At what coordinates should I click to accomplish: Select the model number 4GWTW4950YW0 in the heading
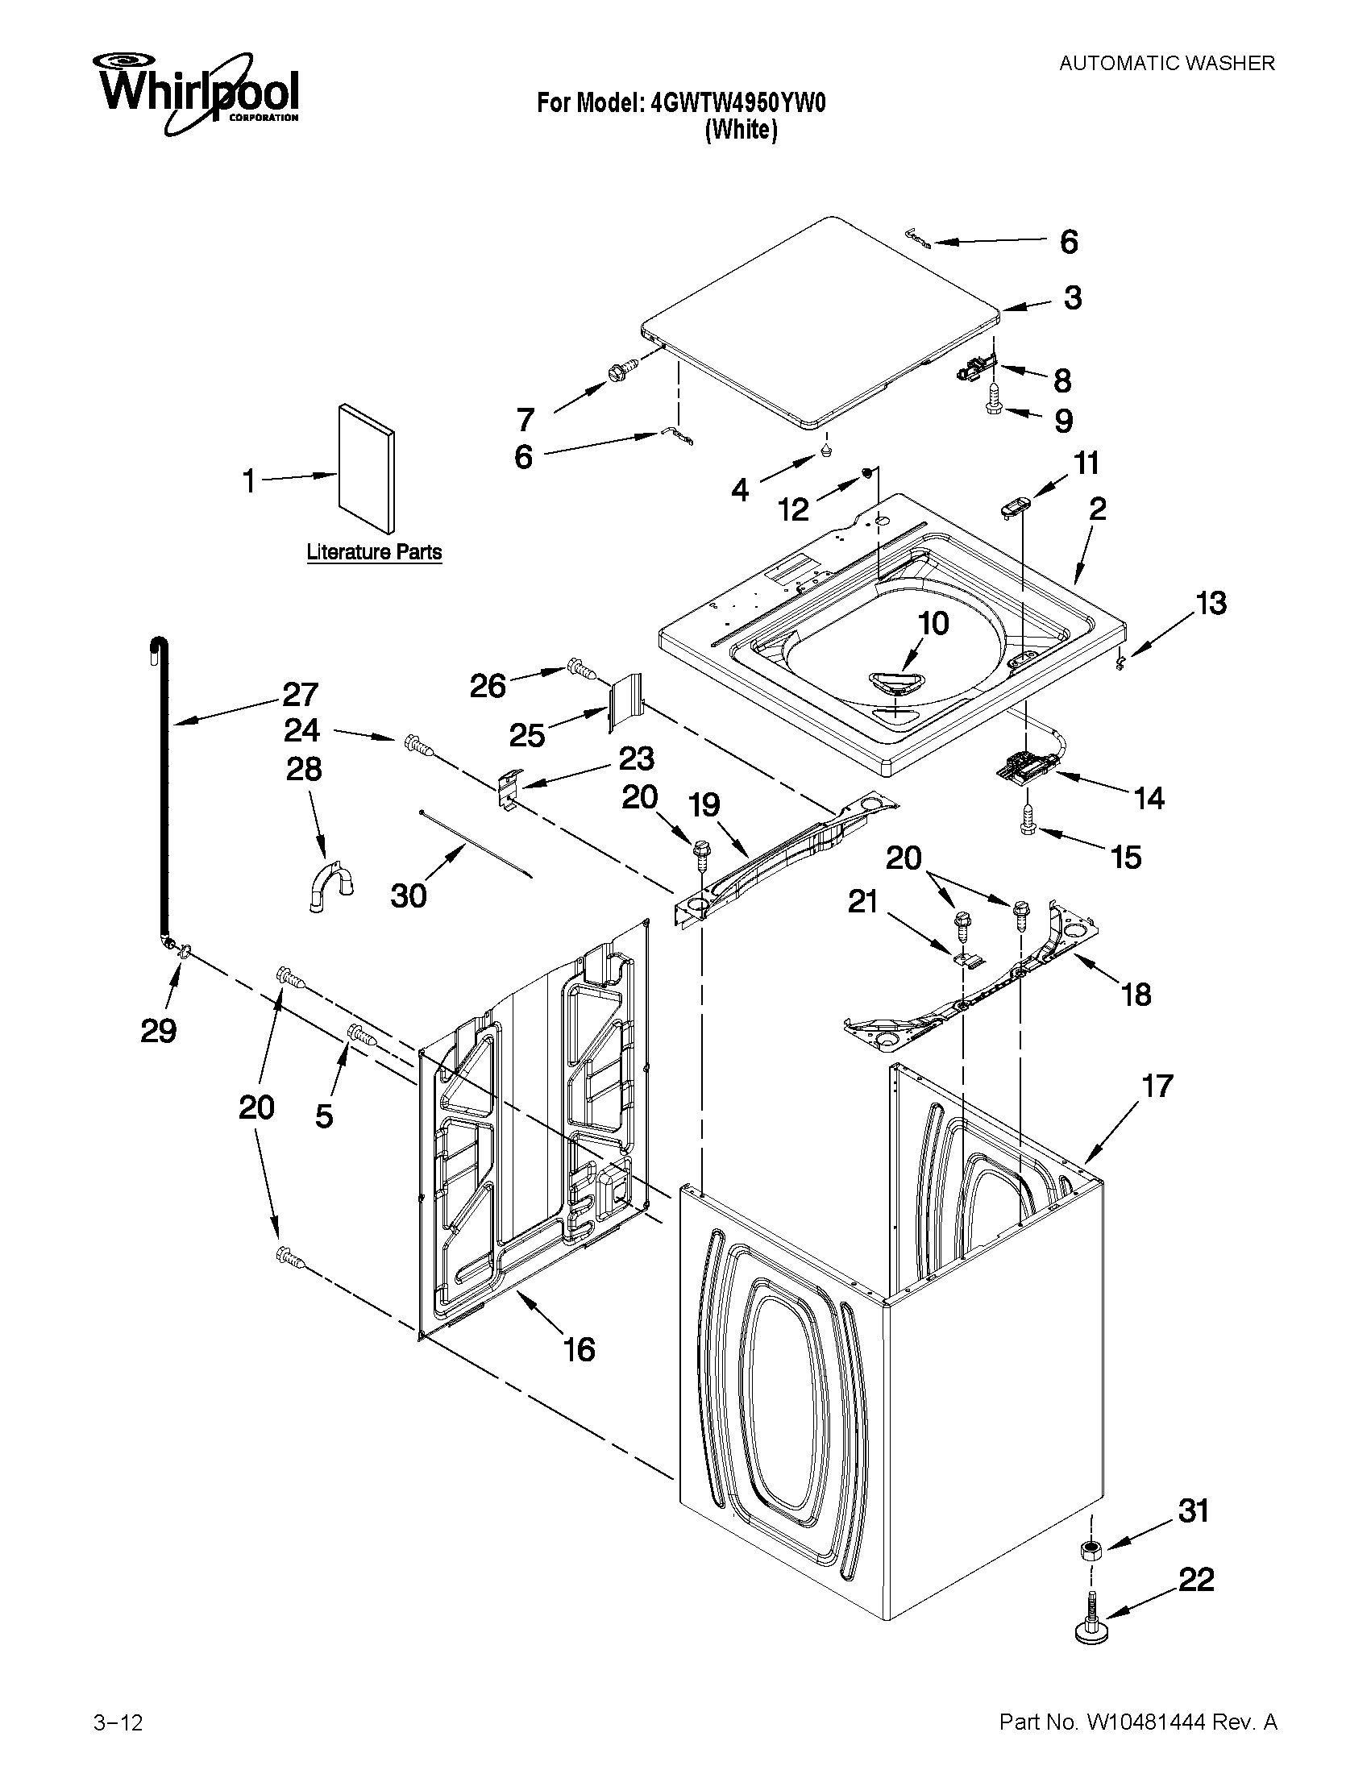(737, 103)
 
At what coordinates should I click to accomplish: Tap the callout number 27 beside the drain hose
(301, 695)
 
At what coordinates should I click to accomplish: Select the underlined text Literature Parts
(374, 552)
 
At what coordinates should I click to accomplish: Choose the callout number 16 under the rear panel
(579, 1349)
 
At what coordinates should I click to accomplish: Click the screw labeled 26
(581, 668)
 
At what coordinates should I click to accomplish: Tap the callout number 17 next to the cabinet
(1157, 1086)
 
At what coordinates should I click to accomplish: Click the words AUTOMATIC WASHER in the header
(1166, 64)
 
